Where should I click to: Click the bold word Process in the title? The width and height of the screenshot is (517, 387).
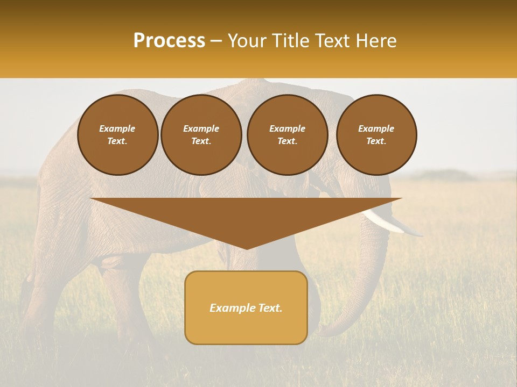pos(169,41)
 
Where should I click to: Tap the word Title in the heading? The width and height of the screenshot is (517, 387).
pos(290,41)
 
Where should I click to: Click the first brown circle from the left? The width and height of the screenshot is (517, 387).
pos(118,135)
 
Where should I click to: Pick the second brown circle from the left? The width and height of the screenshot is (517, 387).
pos(201,135)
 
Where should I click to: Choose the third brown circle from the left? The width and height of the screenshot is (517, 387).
pos(288,135)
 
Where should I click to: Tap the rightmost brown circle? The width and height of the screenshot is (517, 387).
pos(376,135)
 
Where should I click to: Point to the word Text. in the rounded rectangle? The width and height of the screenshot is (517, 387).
pos(269,308)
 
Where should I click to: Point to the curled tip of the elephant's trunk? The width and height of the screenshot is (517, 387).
pos(329,331)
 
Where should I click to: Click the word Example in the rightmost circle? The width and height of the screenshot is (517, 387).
pos(376,128)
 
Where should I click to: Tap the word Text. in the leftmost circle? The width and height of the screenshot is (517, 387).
pos(117,141)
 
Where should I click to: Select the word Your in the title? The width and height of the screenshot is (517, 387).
pos(247,41)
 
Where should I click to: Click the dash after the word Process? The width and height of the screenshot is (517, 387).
pos(216,41)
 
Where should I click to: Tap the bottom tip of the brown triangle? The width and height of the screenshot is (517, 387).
pos(246,248)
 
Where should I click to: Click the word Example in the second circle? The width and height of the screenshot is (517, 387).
pos(201,128)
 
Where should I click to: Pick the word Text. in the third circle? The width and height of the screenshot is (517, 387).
pos(288,141)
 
